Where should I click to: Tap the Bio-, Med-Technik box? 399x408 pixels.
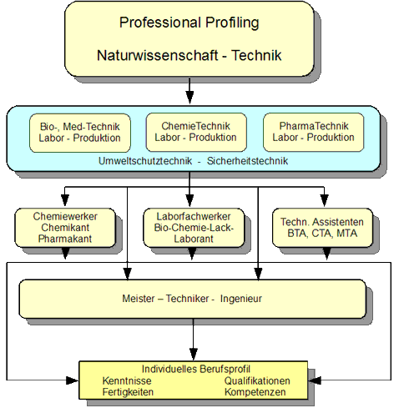click(79, 131)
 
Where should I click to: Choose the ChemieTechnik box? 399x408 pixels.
click(191, 131)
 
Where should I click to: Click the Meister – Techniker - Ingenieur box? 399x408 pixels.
click(191, 299)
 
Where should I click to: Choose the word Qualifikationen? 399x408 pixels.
click(258, 380)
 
